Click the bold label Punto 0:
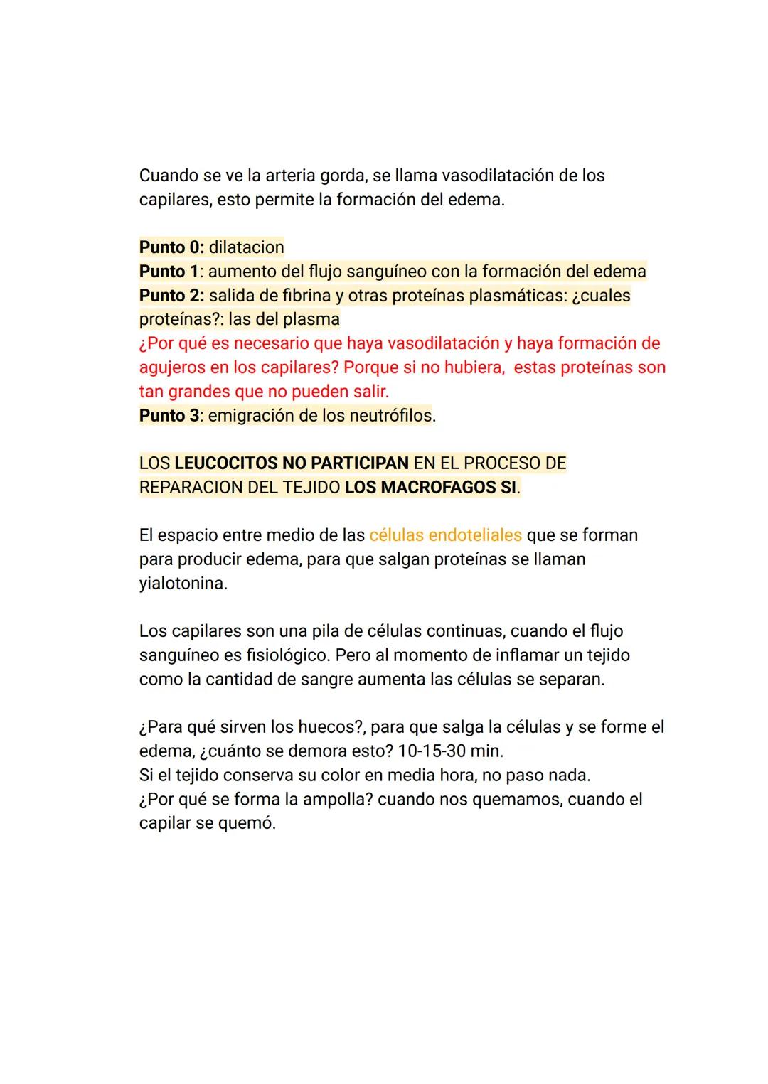(x=171, y=247)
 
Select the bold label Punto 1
(x=169, y=272)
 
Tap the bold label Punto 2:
(x=171, y=296)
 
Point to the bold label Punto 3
(x=169, y=416)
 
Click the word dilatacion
(x=246, y=247)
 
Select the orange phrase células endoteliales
(x=445, y=535)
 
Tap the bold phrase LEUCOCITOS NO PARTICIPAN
(x=292, y=463)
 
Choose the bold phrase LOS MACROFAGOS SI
(x=431, y=488)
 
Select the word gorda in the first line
(x=342, y=176)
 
